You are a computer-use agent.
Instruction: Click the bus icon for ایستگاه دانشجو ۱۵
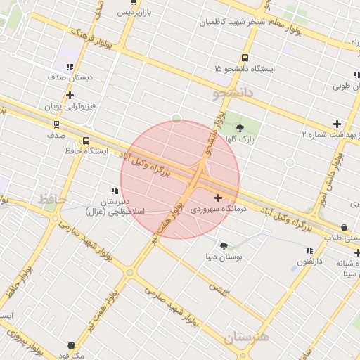click(245, 58)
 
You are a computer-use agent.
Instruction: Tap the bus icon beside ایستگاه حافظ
click(86, 141)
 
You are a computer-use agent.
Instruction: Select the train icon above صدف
click(56, 124)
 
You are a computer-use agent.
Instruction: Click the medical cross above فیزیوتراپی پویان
click(69, 95)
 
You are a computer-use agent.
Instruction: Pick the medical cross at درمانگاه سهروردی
click(218, 198)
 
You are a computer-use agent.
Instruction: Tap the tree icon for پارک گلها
click(241, 128)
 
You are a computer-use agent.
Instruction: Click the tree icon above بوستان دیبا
click(224, 246)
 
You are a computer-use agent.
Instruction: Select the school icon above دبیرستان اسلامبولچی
click(114, 191)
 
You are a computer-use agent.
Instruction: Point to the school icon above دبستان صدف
click(53, 67)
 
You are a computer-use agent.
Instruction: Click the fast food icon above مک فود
click(71, 345)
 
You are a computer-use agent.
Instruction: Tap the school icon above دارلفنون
click(309, 250)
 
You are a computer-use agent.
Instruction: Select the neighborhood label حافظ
click(52, 200)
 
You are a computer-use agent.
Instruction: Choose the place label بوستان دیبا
click(223, 257)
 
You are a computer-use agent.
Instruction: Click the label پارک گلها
click(241, 139)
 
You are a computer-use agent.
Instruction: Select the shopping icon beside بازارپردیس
click(134, 3)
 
